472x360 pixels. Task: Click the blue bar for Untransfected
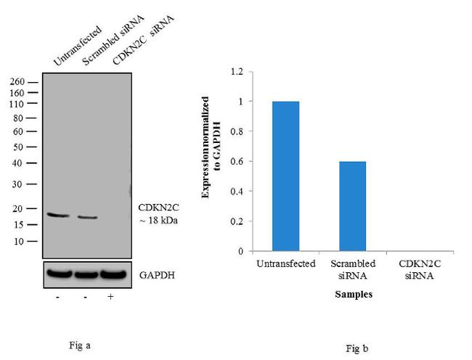pos(285,176)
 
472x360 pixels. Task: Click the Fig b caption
pos(355,349)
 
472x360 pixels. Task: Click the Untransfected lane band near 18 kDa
pos(58,215)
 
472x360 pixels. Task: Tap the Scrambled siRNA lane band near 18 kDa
pos(88,217)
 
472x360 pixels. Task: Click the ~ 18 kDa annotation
pos(158,220)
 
